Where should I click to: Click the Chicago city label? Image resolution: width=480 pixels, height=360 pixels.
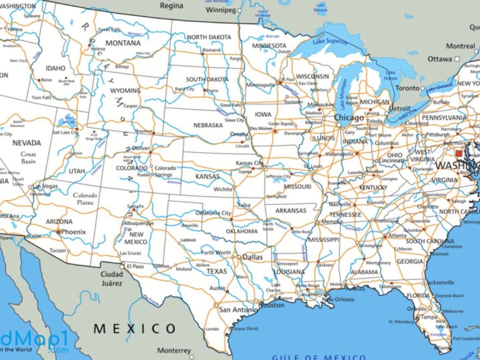(x=349, y=118)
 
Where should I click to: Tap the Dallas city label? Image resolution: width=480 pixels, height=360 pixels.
(x=253, y=257)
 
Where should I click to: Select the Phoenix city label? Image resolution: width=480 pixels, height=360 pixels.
(x=73, y=232)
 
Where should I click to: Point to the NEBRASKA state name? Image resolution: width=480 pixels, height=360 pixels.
(x=208, y=125)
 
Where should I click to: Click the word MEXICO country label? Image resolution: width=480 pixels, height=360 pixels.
(x=135, y=328)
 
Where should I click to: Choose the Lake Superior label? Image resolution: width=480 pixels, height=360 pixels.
(x=330, y=40)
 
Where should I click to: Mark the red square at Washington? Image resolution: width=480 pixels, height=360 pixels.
(x=459, y=154)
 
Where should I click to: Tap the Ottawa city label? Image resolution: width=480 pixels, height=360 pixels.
(x=439, y=59)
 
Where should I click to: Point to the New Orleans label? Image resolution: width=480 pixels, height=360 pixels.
(x=341, y=299)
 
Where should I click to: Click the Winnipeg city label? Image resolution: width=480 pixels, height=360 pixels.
(x=220, y=10)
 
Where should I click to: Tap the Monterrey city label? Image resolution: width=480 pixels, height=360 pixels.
(x=175, y=350)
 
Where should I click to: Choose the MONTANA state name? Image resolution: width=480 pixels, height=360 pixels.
(x=123, y=43)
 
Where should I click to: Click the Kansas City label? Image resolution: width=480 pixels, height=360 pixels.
(x=250, y=163)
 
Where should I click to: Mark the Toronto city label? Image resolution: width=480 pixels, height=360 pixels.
(x=407, y=88)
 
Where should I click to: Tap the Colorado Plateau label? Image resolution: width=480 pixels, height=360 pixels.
(x=85, y=199)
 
